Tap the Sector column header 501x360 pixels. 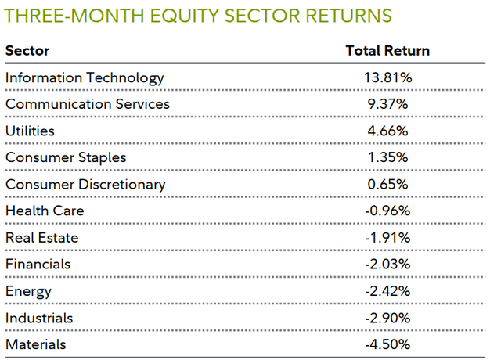click(x=27, y=51)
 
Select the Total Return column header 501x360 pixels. click(x=387, y=51)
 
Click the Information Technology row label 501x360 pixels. click(x=85, y=77)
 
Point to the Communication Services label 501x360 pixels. click(x=87, y=104)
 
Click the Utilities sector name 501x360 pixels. click(x=30, y=131)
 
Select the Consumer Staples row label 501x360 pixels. click(x=66, y=157)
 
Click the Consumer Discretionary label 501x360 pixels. click(x=85, y=185)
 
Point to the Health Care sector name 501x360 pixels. click(x=45, y=211)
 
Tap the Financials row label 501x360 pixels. click(x=38, y=265)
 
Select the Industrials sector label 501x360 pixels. click(x=39, y=318)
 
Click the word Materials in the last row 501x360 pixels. click(x=36, y=344)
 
